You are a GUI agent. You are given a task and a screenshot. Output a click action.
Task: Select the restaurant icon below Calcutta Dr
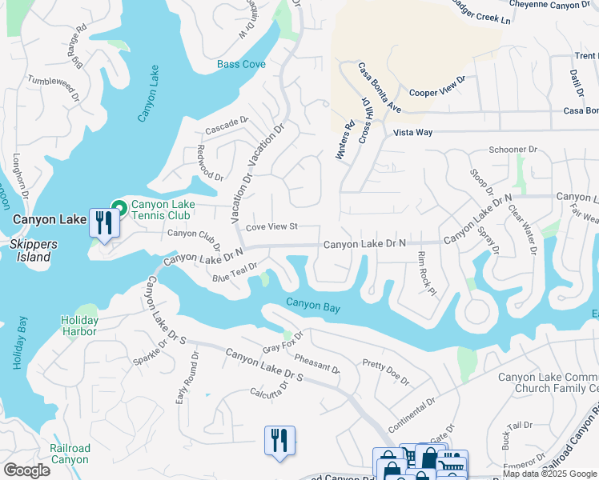pos(279,440)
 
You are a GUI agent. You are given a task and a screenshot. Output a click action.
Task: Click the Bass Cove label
pos(241,64)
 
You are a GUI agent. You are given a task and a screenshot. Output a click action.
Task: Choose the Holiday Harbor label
pos(79,326)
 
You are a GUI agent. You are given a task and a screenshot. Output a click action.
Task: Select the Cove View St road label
pos(271,227)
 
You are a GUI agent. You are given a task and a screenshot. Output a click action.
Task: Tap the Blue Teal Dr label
pos(234,273)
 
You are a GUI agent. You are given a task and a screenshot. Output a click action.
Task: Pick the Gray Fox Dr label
pos(283,342)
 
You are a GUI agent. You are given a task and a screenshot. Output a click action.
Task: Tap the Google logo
pos(26,470)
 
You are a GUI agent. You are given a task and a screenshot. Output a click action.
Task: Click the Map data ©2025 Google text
pos(549,474)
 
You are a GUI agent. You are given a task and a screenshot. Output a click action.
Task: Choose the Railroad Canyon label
pos(70,454)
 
